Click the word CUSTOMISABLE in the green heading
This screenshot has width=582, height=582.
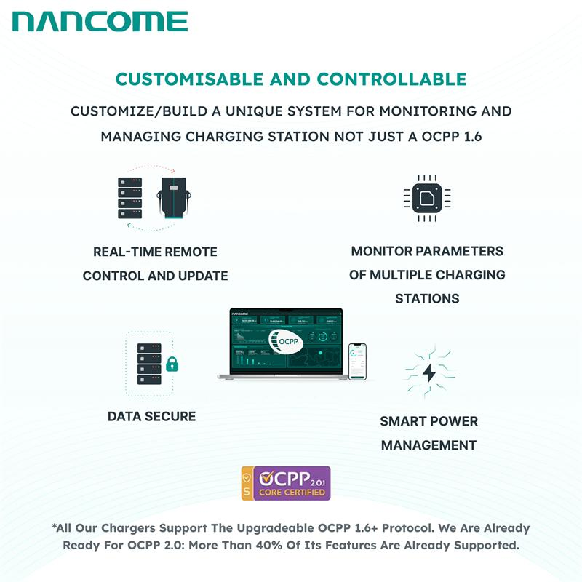[x=188, y=79]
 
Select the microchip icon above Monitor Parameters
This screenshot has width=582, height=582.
[x=426, y=196]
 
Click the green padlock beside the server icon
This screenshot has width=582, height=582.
[x=172, y=363]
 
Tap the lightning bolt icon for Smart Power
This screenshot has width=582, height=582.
[x=429, y=372]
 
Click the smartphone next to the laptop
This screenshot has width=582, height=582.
[x=356, y=362]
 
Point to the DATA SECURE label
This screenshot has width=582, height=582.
[x=151, y=416]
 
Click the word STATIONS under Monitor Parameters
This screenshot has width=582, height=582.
[x=427, y=298]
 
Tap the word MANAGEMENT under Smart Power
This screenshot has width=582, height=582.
[x=428, y=445]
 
